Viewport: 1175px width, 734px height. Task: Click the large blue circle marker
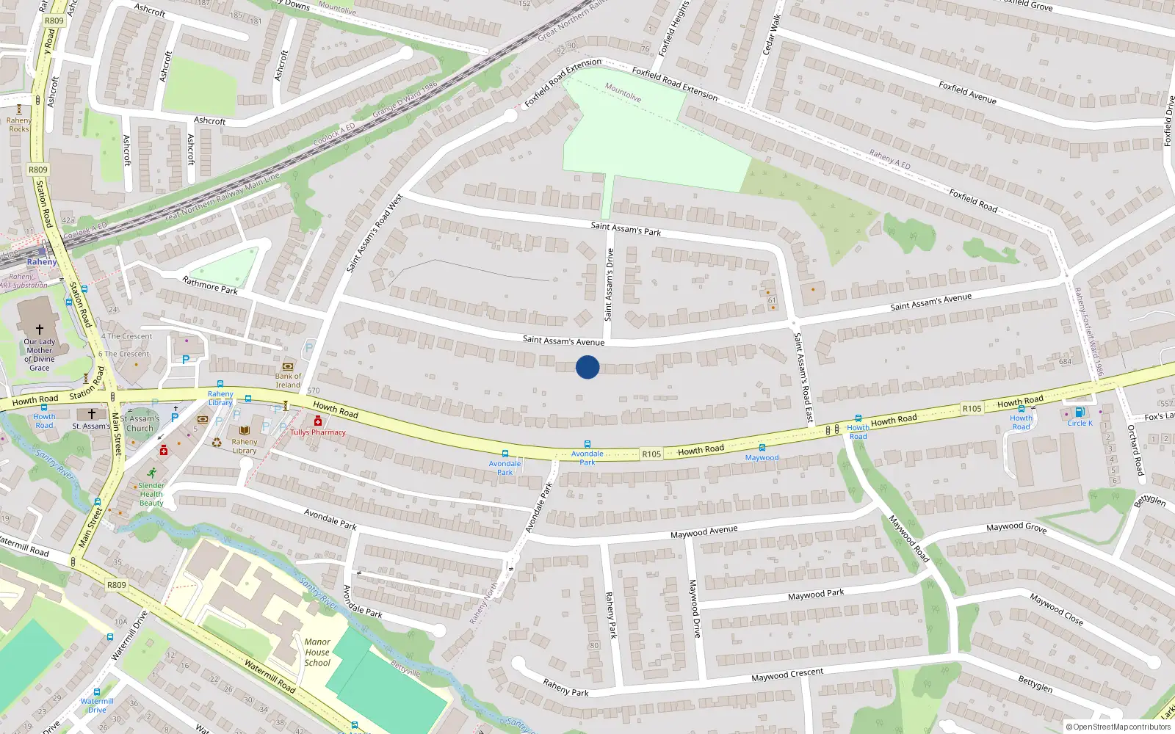click(587, 367)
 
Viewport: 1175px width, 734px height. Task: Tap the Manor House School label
click(317, 652)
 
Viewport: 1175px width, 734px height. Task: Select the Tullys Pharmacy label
click(317, 432)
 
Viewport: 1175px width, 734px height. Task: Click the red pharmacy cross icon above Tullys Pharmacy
click(318, 421)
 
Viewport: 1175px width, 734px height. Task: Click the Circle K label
click(1080, 424)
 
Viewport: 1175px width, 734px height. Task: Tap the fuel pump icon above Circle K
click(1080, 413)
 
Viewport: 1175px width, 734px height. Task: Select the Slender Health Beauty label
click(151, 494)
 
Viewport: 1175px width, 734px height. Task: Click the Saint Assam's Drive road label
click(609, 285)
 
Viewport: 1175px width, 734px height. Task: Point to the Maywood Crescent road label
click(787, 675)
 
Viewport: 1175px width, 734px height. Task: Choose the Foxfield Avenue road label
click(967, 92)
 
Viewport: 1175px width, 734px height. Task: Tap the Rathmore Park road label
click(210, 286)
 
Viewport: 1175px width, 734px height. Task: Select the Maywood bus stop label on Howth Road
click(762, 458)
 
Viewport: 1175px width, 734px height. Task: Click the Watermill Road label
click(270, 677)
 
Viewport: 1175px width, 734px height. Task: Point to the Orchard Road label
click(1135, 450)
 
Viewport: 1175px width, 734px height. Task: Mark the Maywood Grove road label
click(1016, 527)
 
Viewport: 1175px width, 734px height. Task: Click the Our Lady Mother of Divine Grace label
click(40, 355)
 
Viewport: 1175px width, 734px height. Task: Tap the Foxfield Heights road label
click(673, 29)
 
